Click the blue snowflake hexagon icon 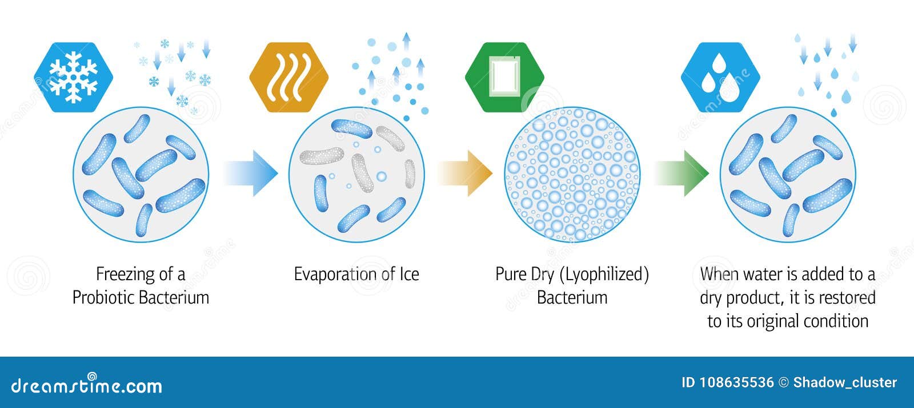click(x=74, y=77)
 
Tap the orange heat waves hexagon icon click(x=289, y=77)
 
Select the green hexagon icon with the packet click(x=504, y=77)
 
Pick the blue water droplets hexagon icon click(x=720, y=77)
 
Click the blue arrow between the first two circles click(x=251, y=173)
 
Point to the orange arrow click(x=465, y=173)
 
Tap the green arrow click(x=682, y=173)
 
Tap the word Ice click(x=409, y=274)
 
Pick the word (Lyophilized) click(x=604, y=274)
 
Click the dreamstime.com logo click(x=86, y=385)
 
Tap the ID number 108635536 click(x=736, y=382)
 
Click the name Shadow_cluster click(x=845, y=382)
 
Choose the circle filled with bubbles click(x=572, y=175)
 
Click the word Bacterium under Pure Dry click(x=572, y=297)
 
